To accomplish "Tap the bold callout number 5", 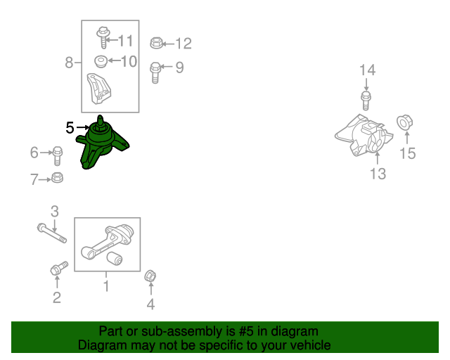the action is pyautogui.click(x=70, y=128).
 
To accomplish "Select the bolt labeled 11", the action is pyautogui.click(x=103, y=37).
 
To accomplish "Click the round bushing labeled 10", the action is pyautogui.click(x=101, y=62).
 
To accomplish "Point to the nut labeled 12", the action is pyautogui.click(x=156, y=43).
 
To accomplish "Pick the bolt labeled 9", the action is pyautogui.click(x=155, y=73).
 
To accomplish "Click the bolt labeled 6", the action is pyautogui.click(x=57, y=155).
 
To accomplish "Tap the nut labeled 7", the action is pyautogui.click(x=57, y=178).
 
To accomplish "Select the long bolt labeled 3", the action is pyautogui.click(x=52, y=233).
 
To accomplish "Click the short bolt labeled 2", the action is pyautogui.click(x=59, y=268).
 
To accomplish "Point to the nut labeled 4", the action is pyautogui.click(x=150, y=276).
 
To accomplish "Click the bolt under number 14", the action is pyautogui.click(x=366, y=101).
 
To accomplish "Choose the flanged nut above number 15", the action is pyautogui.click(x=405, y=123).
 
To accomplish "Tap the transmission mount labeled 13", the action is pyautogui.click(x=364, y=136).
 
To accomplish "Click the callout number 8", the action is pyautogui.click(x=69, y=63).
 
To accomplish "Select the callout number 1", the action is pyautogui.click(x=106, y=286).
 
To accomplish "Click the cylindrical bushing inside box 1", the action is pyautogui.click(x=115, y=258).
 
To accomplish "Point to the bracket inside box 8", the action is pyautogui.click(x=99, y=89).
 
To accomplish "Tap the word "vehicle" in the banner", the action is pyautogui.click(x=312, y=345).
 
